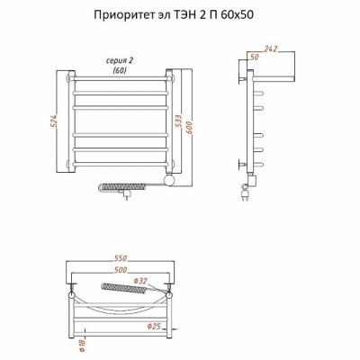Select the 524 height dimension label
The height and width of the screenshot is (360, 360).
coord(55,121)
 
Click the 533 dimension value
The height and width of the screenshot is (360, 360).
coord(179,121)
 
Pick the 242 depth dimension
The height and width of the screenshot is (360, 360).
coord(271,49)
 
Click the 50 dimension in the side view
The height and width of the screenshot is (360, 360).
coord(254,57)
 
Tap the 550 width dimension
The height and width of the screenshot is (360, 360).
coord(121,258)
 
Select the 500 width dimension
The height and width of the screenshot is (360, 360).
coord(121,270)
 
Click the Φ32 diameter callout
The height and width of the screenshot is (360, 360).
coord(140,281)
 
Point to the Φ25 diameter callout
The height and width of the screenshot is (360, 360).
coord(154,327)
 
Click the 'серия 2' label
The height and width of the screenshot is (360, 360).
coord(120,61)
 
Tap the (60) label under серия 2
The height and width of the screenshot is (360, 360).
coord(120,70)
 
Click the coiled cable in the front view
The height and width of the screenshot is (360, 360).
coord(123,187)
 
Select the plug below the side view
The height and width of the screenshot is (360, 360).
coord(245,193)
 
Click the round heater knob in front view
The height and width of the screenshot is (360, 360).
coord(169,180)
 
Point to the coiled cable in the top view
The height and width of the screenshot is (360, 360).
coord(124,288)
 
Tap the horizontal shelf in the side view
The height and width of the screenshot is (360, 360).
coord(273,79)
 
